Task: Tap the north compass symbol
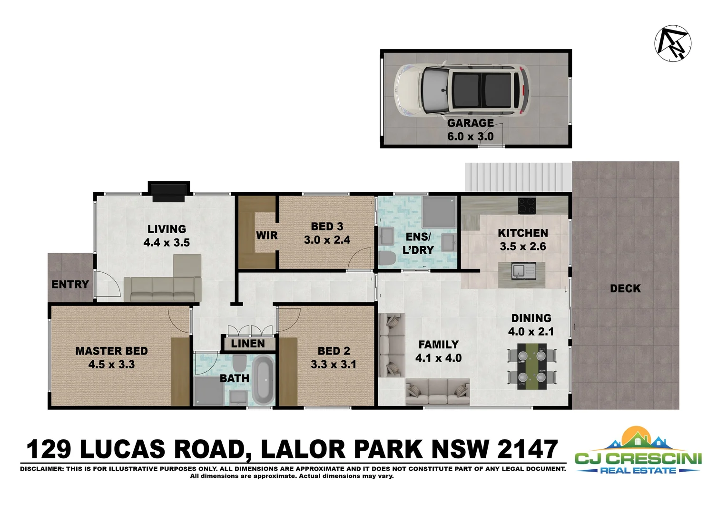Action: (x=673, y=42)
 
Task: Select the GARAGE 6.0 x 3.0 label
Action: (x=470, y=130)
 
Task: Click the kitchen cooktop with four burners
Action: (x=528, y=205)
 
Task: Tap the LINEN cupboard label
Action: (x=248, y=344)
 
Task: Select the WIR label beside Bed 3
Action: (x=266, y=236)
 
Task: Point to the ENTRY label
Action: (x=70, y=285)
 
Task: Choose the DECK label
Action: (x=625, y=288)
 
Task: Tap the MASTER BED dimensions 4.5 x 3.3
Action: (x=111, y=365)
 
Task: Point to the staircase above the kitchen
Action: (x=518, y=177)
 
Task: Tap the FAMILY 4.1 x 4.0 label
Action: (x=438, y=351)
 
